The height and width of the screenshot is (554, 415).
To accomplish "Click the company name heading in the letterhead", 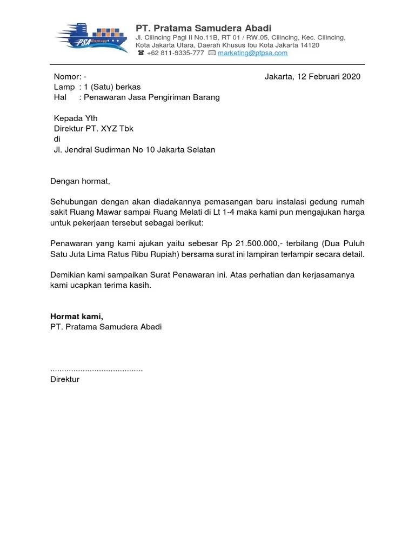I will tap(203, 28).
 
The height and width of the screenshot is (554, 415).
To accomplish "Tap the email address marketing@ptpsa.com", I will tap(252, 53).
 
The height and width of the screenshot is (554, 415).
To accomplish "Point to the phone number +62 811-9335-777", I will tap(175, 53).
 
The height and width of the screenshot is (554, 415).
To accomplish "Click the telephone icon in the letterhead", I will tap(141, 53).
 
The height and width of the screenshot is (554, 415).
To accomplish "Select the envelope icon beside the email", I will tap(212, 53).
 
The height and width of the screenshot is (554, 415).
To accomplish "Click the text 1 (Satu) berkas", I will tap(112, 87).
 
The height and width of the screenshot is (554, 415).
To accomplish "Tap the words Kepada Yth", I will tap(76, 118).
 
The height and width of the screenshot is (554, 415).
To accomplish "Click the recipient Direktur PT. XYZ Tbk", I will tap(93, 129).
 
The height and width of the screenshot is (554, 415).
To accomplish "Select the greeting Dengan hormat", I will tap(80, 181).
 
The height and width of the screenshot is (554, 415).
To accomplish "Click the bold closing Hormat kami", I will tap(77, 316).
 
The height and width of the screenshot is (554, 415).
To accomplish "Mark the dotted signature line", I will tap(96, 369).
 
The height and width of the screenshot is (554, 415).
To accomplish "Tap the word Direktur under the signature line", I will tap(65, 379).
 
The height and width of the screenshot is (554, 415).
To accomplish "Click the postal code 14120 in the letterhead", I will tap(309, 45).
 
